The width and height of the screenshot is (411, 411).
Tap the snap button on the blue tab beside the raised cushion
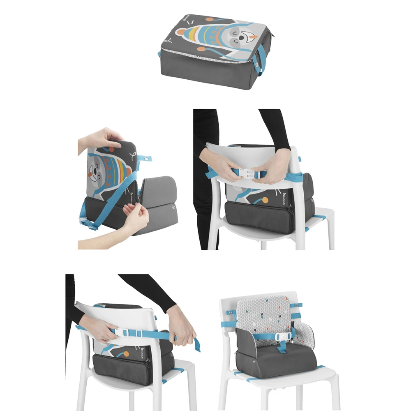[144, 158]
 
